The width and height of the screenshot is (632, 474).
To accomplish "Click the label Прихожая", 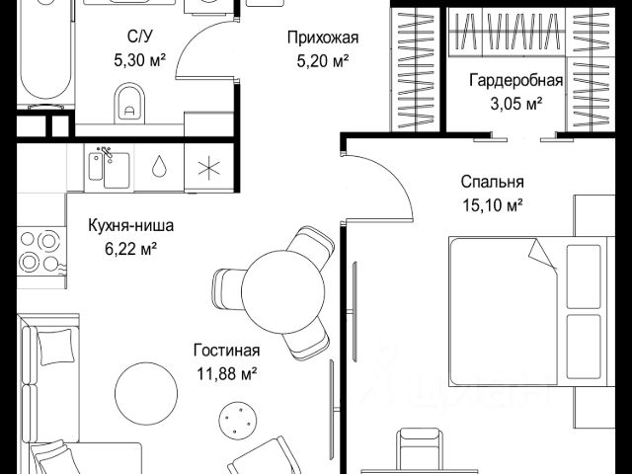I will [x=322, y=39].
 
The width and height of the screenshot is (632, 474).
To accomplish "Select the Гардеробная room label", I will [x=515, y=81].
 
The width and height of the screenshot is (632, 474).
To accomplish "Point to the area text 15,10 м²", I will [x=492, y=205].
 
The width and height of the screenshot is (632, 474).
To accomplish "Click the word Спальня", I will [x=492, y=182].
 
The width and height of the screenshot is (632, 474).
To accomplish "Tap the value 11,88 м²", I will [x=227, y=373].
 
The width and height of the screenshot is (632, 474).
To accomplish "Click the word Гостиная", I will [x=227, y=351].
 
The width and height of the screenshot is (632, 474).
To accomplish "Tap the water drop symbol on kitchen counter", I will [x=159, y=166].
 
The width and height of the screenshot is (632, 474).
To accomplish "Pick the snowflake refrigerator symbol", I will [x=207, y=166].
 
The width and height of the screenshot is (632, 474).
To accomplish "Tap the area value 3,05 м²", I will [x=515, y=103].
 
